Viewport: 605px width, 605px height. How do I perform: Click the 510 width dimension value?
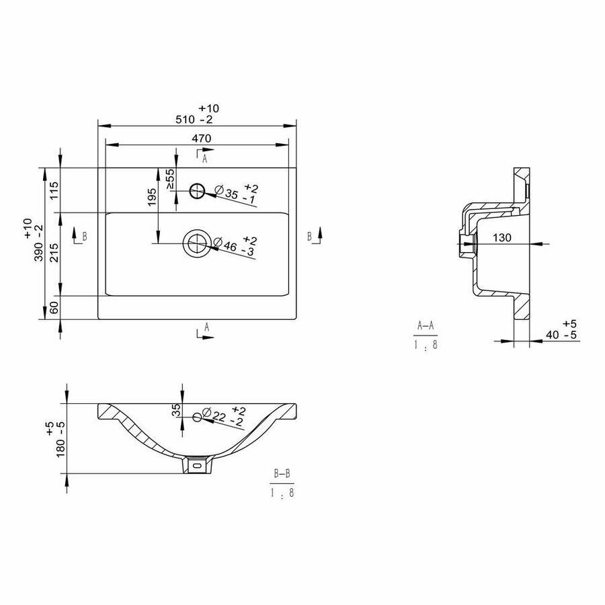pos(185,120)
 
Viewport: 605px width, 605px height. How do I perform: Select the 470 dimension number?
pos(202,138)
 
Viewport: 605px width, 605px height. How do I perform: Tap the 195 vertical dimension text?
pos(152,197)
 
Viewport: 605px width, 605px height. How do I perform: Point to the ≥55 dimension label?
pos(170,179)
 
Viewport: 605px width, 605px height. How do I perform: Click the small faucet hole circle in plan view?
pos(197,191)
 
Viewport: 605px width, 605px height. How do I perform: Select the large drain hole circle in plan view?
pos(197,243)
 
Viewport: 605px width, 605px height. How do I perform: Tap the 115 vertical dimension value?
pos(54,190)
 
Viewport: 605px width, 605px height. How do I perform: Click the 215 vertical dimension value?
pos(54,253)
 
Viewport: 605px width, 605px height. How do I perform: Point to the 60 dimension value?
pos(54,307)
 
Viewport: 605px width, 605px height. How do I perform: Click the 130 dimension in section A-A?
pos(502,238)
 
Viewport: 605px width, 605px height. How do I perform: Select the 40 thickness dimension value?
pos(552,335)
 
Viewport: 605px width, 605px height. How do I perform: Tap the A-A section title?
pos(426,326)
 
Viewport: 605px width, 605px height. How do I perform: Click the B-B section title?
pos(282,473)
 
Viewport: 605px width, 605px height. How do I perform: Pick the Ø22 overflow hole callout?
pos(224,416)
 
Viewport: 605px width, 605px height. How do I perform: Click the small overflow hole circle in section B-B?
pos(197,417)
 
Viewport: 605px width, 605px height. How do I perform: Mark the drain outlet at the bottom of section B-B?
pos(197,465)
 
